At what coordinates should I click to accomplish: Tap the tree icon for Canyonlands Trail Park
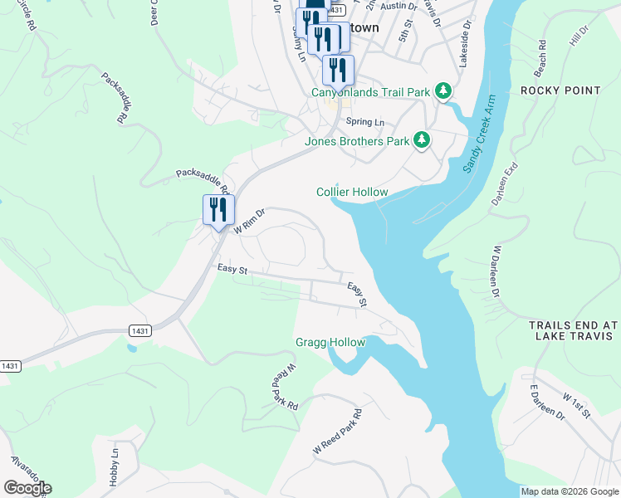(x=444, y=90)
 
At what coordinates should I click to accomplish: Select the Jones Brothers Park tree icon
(x=422, y=140)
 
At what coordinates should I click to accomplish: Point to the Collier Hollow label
(x=352, y=192)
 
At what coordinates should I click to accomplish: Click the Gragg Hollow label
(x=330, y=342)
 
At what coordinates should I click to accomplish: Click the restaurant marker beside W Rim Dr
(x=218, y=210)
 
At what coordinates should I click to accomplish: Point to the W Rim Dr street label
(x=248, y=221)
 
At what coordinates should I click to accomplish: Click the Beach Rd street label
(x=541, y=54)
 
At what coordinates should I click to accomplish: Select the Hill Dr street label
(x=579, y=35)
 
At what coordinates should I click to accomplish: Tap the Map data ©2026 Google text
(x=569, y=491)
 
